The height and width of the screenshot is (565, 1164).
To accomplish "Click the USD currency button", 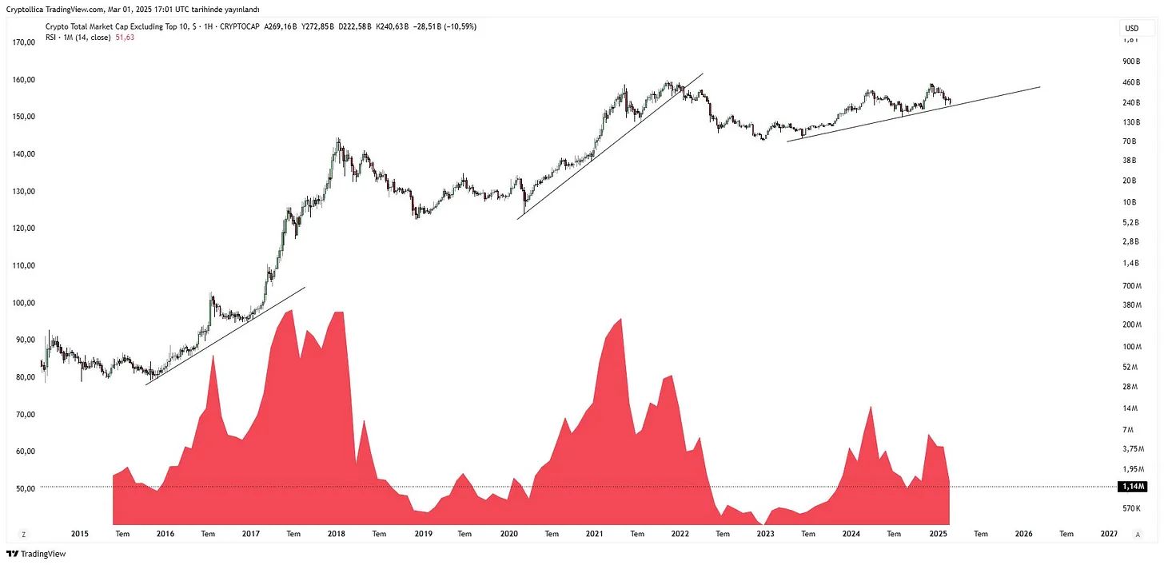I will [x=1131, y=28].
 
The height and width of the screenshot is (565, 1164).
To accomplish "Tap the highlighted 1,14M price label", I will [x=1131, y=487].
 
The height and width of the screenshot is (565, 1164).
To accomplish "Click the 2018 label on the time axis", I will [x=336, y=534].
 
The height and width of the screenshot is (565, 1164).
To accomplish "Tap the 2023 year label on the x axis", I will [x=765, y=534].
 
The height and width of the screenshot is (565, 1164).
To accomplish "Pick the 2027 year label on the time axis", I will [x=1109, y=534].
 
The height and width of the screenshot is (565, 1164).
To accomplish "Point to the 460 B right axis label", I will [x=1130, y=82].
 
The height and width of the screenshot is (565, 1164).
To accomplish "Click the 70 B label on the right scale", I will [x=1130, y=141].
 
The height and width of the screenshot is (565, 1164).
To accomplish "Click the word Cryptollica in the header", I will [x=26, y=8].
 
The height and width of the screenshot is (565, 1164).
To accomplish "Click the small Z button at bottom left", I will [x=24, y=534].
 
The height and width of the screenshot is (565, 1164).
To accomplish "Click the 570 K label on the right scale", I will [x=1130, y=508].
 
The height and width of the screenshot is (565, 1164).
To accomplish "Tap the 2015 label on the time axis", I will [x=79, y=534].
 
